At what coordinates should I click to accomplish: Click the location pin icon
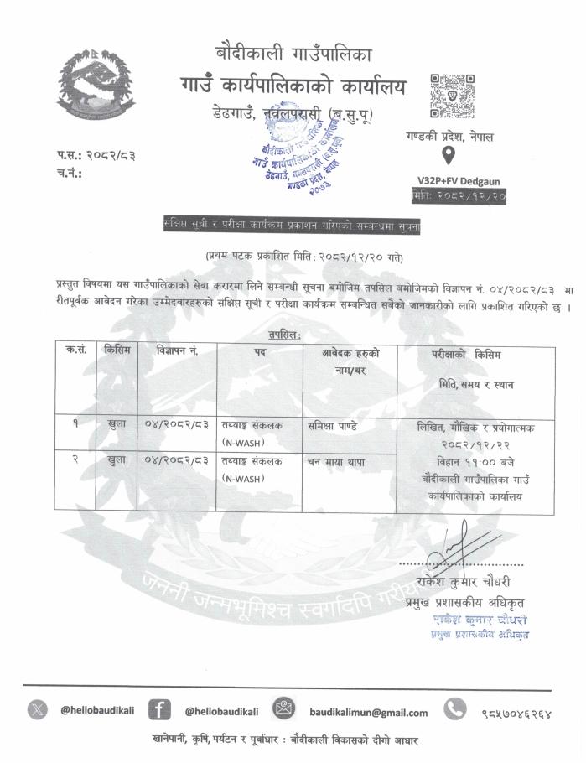[x=448, y=156]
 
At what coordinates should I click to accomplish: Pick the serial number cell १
[x=75, y=424]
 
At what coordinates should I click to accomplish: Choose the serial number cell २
[x=75, y=460]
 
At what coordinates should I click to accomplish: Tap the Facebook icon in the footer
[x=159, y=710]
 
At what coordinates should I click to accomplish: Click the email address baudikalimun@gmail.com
[x=368, y=712]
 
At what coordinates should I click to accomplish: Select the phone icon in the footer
[x=454, y=710]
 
